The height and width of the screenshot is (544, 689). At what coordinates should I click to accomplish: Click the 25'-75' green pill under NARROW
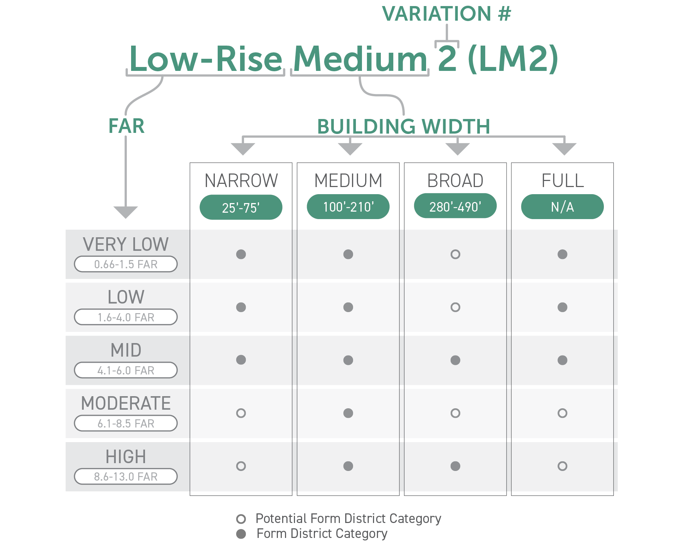[241, 207]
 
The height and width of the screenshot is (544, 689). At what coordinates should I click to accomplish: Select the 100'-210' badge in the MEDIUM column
[348, 207]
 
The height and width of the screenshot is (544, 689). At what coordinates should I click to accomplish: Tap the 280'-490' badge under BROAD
[455, 206]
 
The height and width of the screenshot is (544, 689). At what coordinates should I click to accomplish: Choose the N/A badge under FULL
[563, 207]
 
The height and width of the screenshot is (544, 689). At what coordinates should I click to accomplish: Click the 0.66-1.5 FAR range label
[126, 264]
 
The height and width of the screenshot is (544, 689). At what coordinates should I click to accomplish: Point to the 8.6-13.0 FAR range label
[126, 476]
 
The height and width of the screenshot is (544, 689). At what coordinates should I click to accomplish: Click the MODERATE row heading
[126, 403]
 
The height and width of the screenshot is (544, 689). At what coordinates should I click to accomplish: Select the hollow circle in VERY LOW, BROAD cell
[455, 254]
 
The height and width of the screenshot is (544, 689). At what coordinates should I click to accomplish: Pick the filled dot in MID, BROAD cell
[455, 360]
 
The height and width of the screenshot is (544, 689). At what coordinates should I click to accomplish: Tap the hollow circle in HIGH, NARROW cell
[241, 466]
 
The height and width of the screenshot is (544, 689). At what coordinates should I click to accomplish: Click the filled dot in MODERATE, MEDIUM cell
[348, 413]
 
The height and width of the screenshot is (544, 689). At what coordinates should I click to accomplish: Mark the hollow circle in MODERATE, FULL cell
[563, 413]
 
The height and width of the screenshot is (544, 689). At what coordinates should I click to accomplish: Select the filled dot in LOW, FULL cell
[563, 307]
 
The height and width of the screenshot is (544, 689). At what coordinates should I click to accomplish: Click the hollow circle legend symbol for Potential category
[241, 519]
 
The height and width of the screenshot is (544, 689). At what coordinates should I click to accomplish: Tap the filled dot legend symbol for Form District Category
[241, 534]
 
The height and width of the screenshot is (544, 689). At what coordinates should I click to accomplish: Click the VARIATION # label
[446, 14]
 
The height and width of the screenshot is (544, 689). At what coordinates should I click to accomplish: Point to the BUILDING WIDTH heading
[404, 126]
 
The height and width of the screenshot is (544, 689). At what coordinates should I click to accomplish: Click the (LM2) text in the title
[513, 59]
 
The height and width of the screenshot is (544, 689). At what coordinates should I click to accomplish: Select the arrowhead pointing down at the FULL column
[564, 149]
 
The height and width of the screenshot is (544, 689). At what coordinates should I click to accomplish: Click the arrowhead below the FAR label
[126, 212]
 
